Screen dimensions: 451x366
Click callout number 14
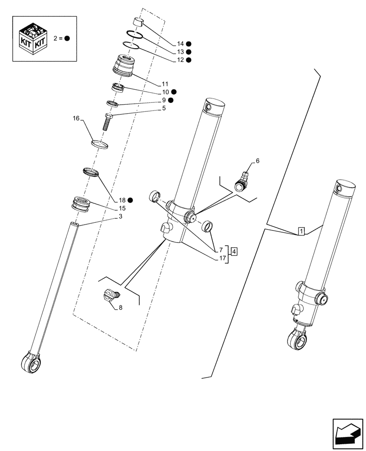click(x=180, y=44)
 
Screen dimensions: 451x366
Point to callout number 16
click(x=76, y=119)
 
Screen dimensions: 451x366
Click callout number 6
click(x=257, y=161)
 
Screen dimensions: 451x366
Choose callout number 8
click(x=120, y=308)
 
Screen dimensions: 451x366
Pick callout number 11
click(x=165, y=84)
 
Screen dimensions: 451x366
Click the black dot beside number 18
click(x=130, y=200)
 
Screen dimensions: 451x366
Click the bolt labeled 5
click(x=107, y=121)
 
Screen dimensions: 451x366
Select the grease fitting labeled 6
click(x=242, y=181)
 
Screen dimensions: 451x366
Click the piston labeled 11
click(x=125, y=65)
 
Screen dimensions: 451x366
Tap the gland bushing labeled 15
click(x=82, y=203)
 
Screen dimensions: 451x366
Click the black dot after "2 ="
click(x=67, y=38)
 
